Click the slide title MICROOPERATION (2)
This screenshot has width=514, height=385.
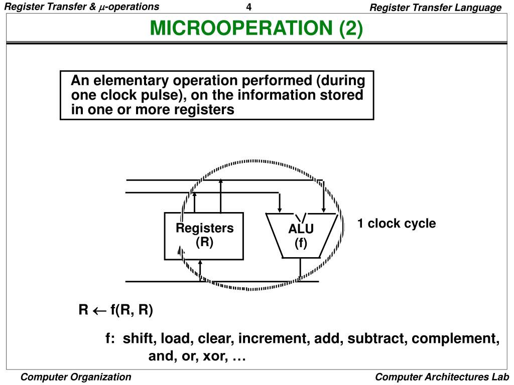(256, 29)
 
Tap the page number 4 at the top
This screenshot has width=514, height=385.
(249, 7)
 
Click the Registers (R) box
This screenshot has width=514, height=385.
(204, 236)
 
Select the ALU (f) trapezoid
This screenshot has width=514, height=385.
(301, 236)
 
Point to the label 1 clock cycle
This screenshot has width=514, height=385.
(397, 224)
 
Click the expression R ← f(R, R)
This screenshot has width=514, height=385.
(115, 310)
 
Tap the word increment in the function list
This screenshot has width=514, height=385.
(274, 338)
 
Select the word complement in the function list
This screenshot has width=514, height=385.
(455, 339)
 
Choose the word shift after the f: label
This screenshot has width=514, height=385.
(140, 338)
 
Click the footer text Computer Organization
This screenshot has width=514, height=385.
(76, 377)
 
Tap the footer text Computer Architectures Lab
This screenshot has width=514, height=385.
(442, 377)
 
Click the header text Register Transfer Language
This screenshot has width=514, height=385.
(435, 8)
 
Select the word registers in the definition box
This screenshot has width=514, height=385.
(207, 110)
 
